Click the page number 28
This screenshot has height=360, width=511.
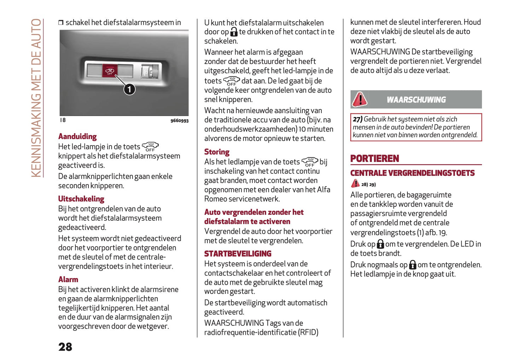click(65, 347)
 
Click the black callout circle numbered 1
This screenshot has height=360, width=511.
click(129, 89)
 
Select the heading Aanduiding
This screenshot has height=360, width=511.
click(77, 137)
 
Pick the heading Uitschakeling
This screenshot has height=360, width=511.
click(81, 199)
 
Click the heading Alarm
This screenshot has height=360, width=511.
click(68, 279)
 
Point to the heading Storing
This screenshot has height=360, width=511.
click(217, 152)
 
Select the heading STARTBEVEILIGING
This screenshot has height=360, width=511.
click(238, 254)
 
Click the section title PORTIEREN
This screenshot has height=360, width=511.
click(374, 158)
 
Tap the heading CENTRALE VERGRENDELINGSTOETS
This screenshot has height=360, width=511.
click(412, 173)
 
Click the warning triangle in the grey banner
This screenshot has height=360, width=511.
click(360, 99)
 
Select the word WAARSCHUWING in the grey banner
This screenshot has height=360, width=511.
click(416, 100)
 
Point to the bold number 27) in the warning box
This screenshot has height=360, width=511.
click(358, 119)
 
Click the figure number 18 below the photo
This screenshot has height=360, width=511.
click(63, 120)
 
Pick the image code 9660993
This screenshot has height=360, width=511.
click(179, 121)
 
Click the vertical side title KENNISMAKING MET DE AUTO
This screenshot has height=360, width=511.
click(36, 98)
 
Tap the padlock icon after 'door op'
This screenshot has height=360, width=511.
click(234, 32)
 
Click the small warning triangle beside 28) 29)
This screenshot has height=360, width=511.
click(355, 184)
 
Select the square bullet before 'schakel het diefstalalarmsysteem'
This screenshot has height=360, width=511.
click(61, 23)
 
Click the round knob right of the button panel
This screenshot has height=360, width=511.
click(153, 72)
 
